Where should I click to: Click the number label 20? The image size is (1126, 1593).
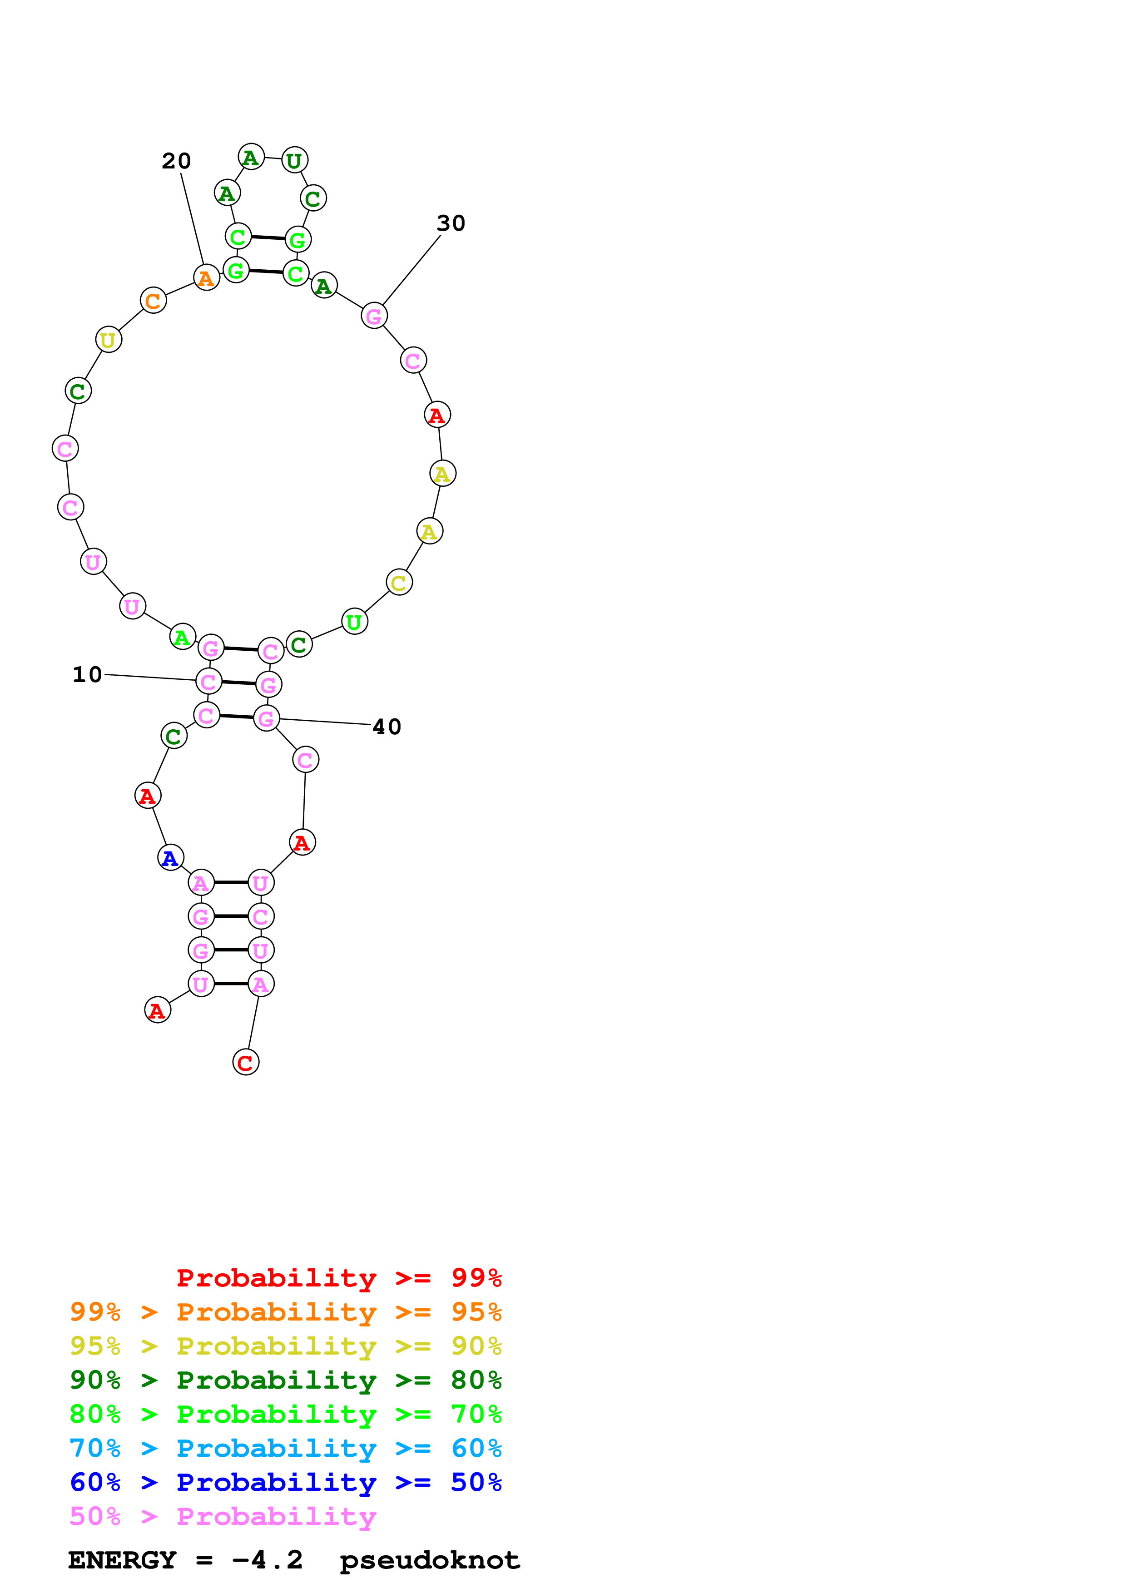[176, 161]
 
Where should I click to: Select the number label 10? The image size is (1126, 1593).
[87, 674]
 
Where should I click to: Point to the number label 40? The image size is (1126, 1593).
[387, 727]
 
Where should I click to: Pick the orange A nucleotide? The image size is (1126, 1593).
[206, 278]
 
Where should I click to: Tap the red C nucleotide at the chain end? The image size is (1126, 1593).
[246, 1062]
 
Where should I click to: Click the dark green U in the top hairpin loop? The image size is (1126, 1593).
[295, 160]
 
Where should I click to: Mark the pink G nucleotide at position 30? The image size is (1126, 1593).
[374, 317]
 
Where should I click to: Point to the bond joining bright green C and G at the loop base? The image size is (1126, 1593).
[267, 238]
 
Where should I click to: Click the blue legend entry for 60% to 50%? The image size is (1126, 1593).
[285, 1482]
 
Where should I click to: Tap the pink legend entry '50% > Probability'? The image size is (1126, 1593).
[223, 1516]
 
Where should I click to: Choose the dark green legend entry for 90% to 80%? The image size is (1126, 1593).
[285, 1380]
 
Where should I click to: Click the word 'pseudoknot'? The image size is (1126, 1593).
[429, 1560]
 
